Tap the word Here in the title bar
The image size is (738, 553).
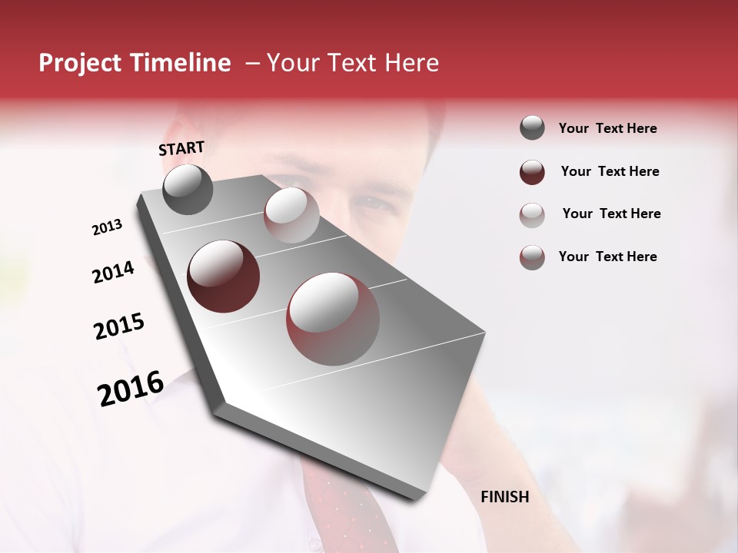(x=411, y=63)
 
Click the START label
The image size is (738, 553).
(x=181, y=148)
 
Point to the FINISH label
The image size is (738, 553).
(x=505, y=497)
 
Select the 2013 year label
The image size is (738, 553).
(x=107, y=227)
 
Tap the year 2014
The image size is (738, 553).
(x=113, y=272)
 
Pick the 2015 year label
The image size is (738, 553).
(x=119, y=326)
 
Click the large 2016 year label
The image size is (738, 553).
(x=131, y=389)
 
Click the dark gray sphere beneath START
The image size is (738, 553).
(x=188, y=189)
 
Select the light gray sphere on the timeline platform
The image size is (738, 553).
(x=291, y=215)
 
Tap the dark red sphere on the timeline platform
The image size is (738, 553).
(x=224, y=276)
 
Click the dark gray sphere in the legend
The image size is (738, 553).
(x=532, y=128)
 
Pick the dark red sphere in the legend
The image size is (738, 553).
(x=532, y=171)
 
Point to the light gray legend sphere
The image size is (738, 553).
(x=532, y=214)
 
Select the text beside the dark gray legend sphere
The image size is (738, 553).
(x=607, y=129)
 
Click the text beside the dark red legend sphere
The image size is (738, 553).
(x=610, y=171)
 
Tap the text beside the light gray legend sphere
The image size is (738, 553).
(x=611, y=214)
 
